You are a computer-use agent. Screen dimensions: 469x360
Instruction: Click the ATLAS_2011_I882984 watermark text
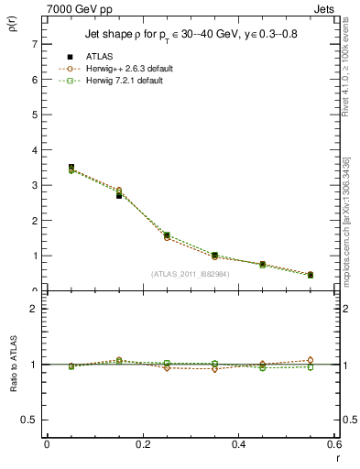(190, 273)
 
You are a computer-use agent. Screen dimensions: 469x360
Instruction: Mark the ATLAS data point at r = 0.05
(71, 168)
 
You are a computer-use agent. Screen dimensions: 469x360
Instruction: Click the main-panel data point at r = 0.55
(311, 275)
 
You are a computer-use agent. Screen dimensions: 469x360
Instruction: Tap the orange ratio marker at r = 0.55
(311, 360)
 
